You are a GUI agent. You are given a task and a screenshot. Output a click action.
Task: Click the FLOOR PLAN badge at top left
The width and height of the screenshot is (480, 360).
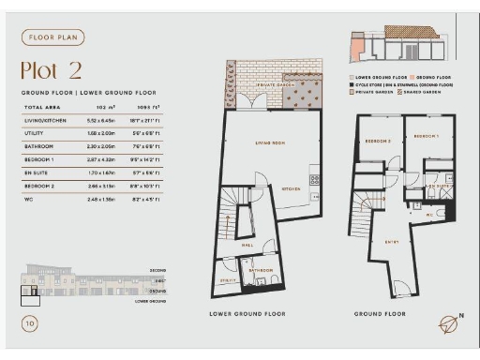coord(53,37)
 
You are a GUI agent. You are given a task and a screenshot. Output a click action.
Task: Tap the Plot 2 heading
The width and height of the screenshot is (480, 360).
coord(52,71)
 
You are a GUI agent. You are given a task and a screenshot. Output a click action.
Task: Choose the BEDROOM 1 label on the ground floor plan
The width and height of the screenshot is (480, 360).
coord(426,136)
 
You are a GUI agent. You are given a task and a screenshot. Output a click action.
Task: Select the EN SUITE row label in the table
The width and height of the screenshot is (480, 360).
coord(37,173)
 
